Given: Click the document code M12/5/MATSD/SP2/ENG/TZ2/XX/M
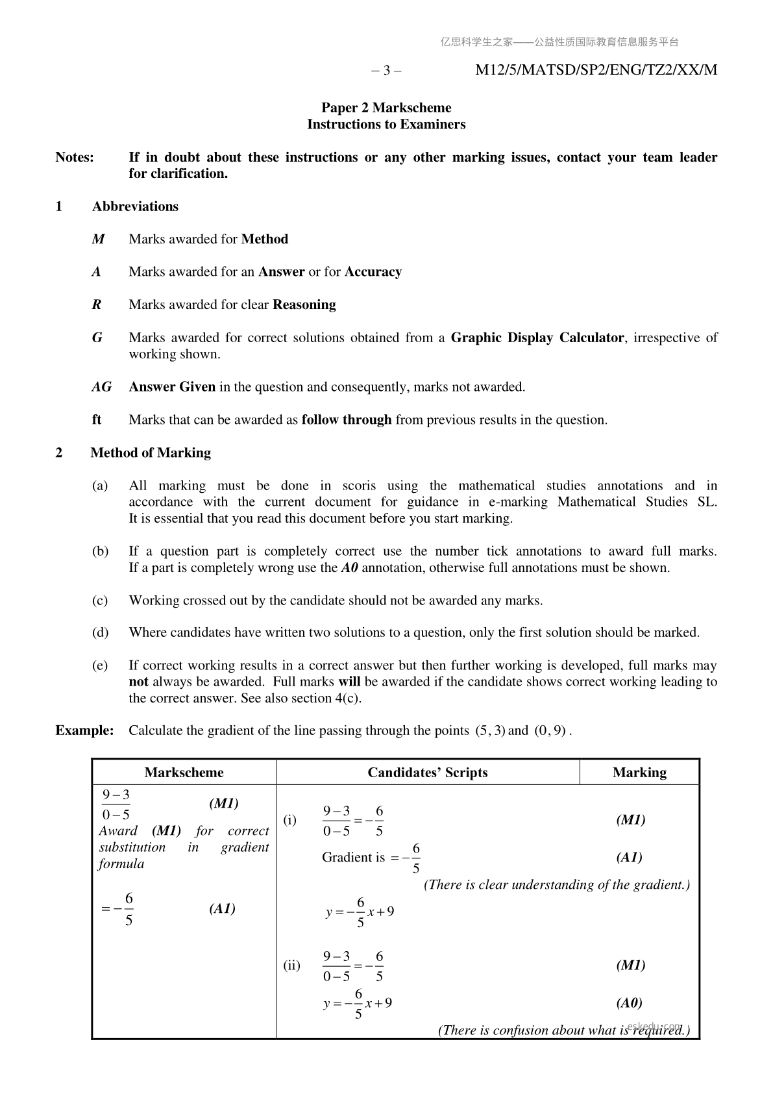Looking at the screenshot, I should tap(596, 70).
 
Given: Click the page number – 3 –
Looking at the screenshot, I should tap(386, 71).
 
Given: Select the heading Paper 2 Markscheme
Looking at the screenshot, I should tap(386, 108).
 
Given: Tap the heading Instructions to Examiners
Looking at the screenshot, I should tap(386, 124).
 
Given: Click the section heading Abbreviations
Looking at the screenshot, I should tap(135, 206).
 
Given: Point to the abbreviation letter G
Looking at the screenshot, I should tap(97, 338).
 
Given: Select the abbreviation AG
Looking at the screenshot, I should tap(101, 387).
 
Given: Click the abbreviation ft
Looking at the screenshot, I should tap(97, 419).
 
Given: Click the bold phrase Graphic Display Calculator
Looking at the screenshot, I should tap(537, 338).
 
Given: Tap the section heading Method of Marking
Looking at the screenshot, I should tap(151, 453).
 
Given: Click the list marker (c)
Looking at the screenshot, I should tap(100, 601).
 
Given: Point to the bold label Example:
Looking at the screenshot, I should tap(84, 730).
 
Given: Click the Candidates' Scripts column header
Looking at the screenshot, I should tap(427, 772).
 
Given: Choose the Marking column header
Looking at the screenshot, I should tap(639, 772).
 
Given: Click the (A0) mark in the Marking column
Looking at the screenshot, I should tap(629, 1003).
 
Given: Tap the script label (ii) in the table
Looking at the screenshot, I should tap(291, 965).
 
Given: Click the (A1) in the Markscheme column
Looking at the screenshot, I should tap(222, 908).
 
